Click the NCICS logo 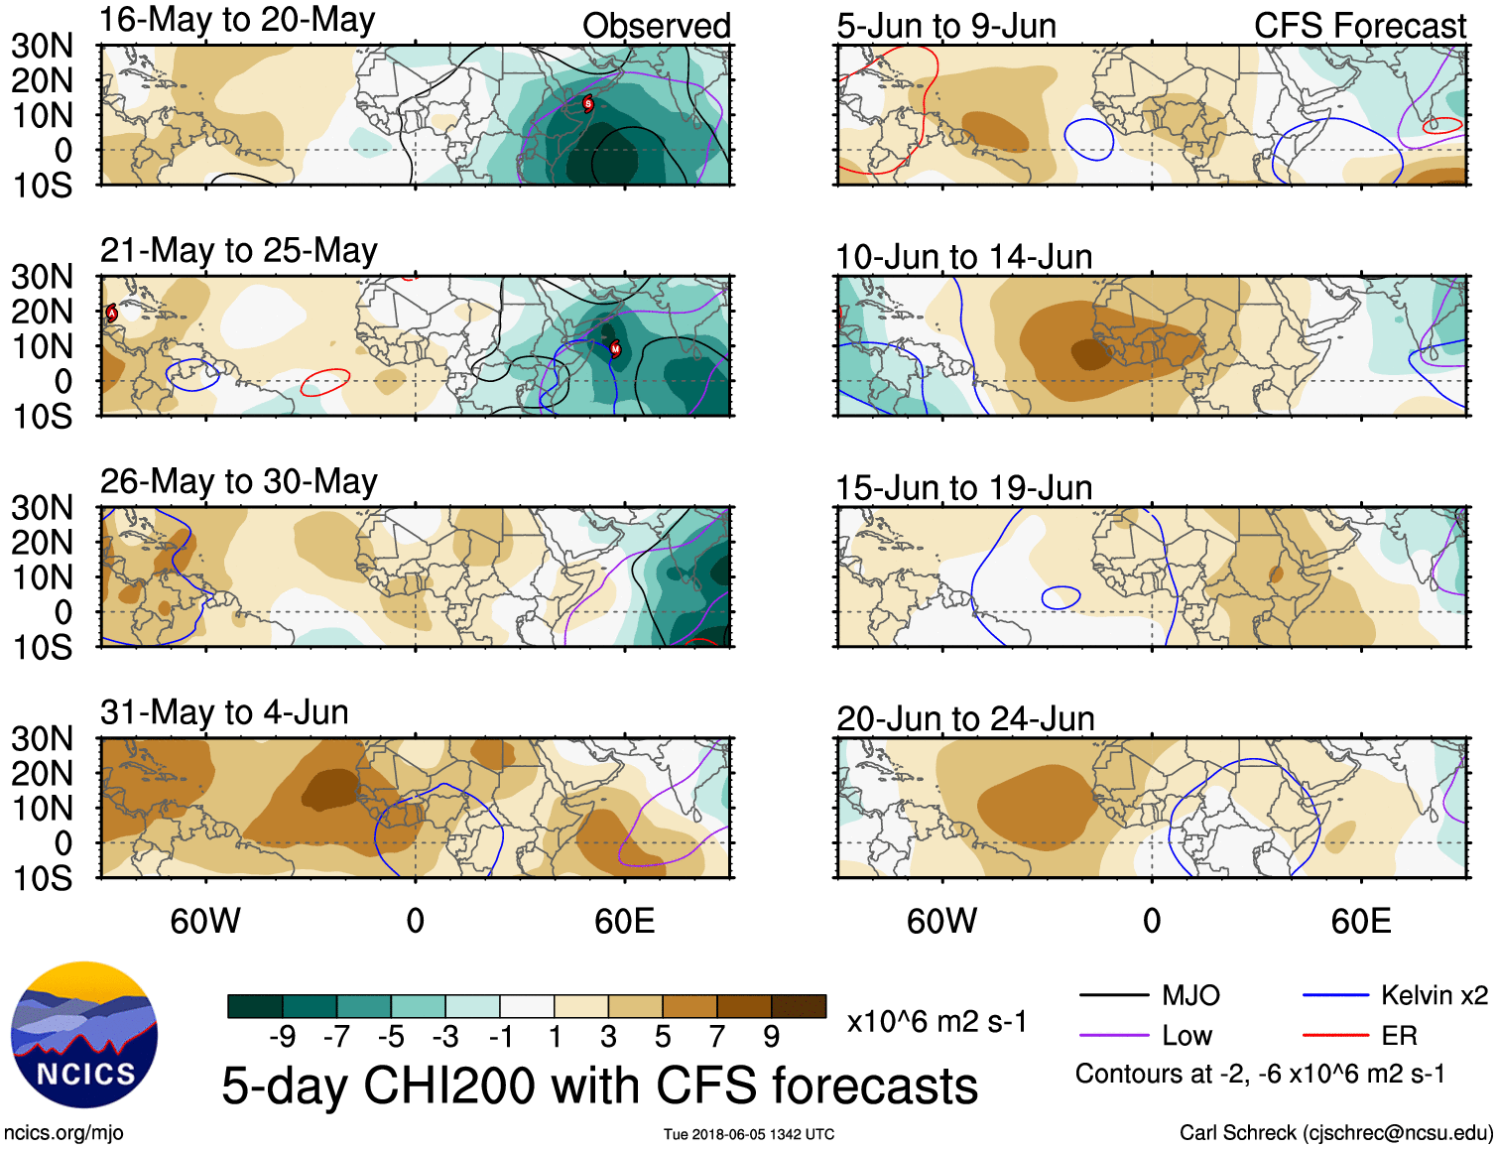pyautogui.click(x=84, y=1035)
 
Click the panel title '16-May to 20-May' pyautogui.click(x=237, y=20)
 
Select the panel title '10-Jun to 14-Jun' pyautogui.click(x=963, y=257)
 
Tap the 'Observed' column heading pyautogui.click(x=656, y=26)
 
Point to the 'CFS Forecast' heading pyautogui.click(x=1359, y=26)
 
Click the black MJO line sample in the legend pyautogui.click(x=1113, y=995)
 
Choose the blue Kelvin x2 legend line pyautogui.click(x=1335, y=995)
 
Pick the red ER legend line pyautogui.click(x=1335, y=1035)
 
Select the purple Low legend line pyautogui.click(x=1113, y=1035)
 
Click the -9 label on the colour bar pyautogui.click(x=283, y=1037)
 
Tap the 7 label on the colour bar pyautogui.click(x=717, y=1037)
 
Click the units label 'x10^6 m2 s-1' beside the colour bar pyautogui.click(x=936, y=1022)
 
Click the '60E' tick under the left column pyautogui.click(x=624, y=921)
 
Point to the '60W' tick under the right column pyautogui.click(x=941, y=921)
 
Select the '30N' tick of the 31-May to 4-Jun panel pyautogui.click(x=42, y=738)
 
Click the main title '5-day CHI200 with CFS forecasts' pyautogui.click(x=599, y=1085)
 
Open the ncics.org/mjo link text pyautogui.click(x=63, y=1132)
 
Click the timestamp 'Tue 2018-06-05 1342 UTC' pyautogui.click(x=749, y=1134)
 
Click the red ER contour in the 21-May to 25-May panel pyautogui.click(x=325, y=382)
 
